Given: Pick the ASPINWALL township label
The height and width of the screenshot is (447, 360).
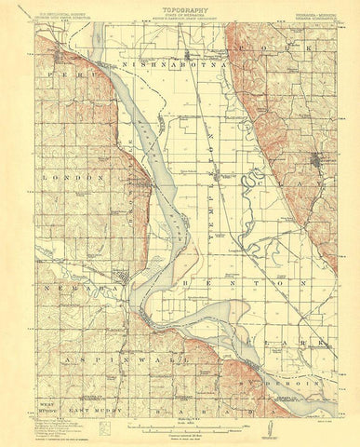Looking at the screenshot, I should click(x=97, y=358).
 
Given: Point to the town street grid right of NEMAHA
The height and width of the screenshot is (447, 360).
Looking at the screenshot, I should click(x=124, y=278).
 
